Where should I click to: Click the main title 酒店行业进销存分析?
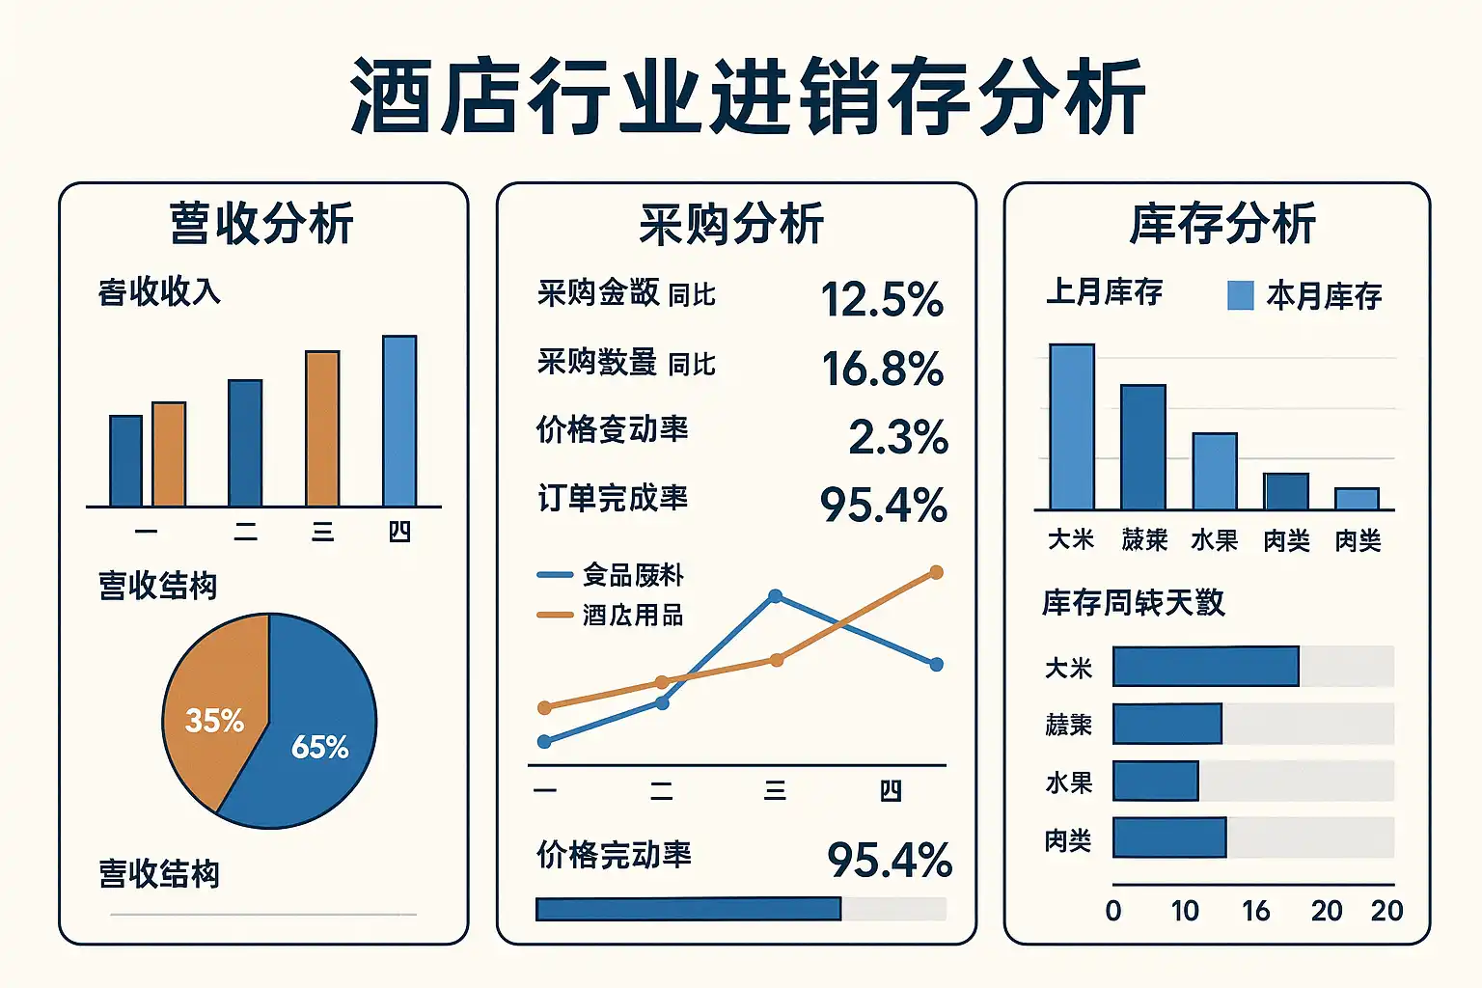pos(748,96)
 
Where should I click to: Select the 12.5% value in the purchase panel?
pos(882,299)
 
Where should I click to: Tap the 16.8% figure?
pos(882,369)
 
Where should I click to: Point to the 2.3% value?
pos(897,437)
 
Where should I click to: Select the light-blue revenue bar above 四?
pos(399,421)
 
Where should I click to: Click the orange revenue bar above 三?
pos(322,428)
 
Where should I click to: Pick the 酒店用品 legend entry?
pos(633,616)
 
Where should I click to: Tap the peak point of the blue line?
pos(775,596)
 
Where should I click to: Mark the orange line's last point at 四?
pos(936,573)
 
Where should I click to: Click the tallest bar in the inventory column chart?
pos(1072,426)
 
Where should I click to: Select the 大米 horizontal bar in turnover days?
pos(1205,667)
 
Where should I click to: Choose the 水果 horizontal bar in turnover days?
pos(1155,782)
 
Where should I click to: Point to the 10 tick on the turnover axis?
pos(1185,911)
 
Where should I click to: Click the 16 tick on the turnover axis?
pos(1255,911)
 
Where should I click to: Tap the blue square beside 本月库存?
pos(1240,295)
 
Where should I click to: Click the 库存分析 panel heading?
pos(1222,224)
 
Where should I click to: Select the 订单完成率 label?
pos(613,498)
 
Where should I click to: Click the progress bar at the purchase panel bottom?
pos(688,909)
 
